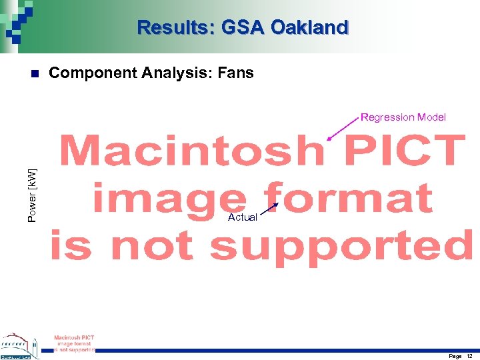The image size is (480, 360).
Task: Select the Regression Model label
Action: [x=403, y=117]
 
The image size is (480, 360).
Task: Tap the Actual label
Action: [x=242, y=217]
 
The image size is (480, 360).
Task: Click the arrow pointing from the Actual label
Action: [x=269, y=210]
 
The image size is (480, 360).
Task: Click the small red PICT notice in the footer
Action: [x=74, y=343]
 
